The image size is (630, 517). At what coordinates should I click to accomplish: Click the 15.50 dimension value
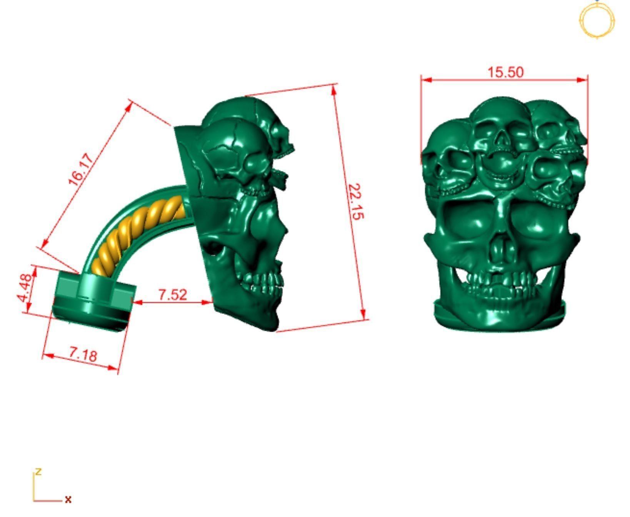(x=505, y=72)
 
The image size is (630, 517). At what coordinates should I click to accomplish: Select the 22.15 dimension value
(x=356, y=202)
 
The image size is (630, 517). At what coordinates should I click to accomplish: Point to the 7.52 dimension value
(x=173, y=294)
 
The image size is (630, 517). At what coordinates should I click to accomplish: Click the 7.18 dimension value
(x=83, y=354)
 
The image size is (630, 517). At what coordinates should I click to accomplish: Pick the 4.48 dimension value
(x=24, y=288)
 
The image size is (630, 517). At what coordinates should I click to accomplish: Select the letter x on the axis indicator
(x=68, y=499)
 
